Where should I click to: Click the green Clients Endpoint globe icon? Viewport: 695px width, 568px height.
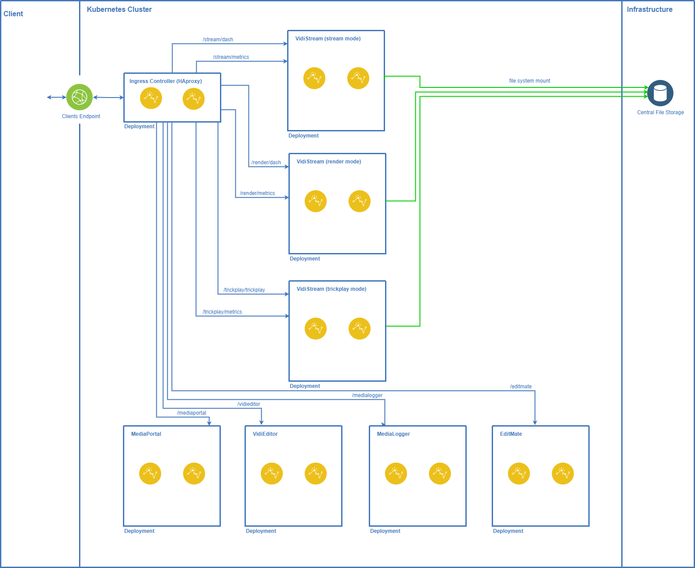pyautogui.click(x=79, y=97)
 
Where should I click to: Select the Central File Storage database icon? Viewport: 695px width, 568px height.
pyautogui.click(x=660, y=93)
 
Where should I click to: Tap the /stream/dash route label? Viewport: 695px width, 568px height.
pyautogui.click(x=218, y=40)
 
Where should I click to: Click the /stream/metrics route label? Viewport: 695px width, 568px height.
pyautogui.click(x=231, y=57)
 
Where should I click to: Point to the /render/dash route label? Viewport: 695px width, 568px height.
pyautogui.click(x=266, y=163)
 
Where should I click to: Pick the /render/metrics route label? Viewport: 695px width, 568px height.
pyautogui.click(x=257, y=193)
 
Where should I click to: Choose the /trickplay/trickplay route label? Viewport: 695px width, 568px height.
pyautogui.click(x=244, y=290)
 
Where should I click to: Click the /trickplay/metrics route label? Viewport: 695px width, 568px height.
pyautogui.click(x=222, y=312)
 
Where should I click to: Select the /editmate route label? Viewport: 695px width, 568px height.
pyautogui.click(x=521, y=387)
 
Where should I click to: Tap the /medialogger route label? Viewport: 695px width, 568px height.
pyautogui.click(x=367, y=395)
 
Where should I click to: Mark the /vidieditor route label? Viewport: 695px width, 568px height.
pyautogui.click(x=248, y=404)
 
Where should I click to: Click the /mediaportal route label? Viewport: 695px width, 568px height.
pyautogui.click(x=191, y=413)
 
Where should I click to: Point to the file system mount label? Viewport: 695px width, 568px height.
pyautogui.click(x=529, y=81)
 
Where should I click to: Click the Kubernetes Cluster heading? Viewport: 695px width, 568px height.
pyautogui.click(x=119, y=9)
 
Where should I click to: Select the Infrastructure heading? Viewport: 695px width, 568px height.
pyautogui.click(x=649, y=9)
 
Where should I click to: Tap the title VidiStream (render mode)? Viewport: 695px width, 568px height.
pyautogui.click(x=329, y=162)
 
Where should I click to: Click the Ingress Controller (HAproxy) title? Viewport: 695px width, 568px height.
pyautogui.click(x=166, y=81)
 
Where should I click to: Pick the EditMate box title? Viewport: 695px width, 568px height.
pyautogui.click(x=511, y=434)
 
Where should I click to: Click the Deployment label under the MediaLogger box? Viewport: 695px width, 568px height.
pyautogui.click(x=385, y=531)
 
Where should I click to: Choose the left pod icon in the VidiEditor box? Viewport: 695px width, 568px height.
pyautogui.click(x=272, y=474)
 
